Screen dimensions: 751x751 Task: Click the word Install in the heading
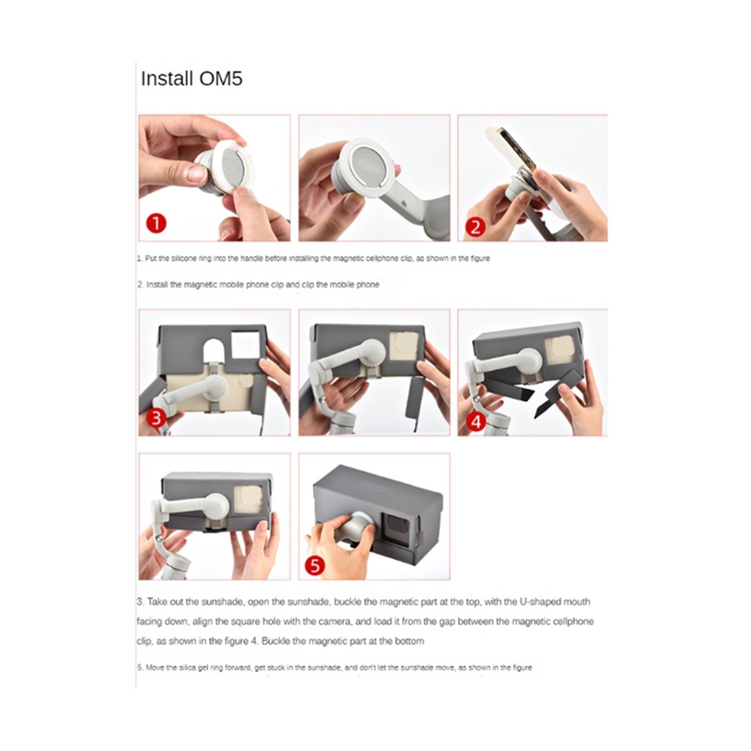click(x=167, y=79)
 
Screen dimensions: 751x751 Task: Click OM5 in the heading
click(x=220, y=79)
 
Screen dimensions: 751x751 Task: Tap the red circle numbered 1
click(x=156, y=223)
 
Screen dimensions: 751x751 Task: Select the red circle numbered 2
click(x=475, y=227)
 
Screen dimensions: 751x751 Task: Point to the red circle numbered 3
click(x=156, y=418)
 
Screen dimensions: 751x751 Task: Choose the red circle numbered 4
click(x=476, y=422)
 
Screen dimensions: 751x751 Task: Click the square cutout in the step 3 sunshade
click(x=245, y=344)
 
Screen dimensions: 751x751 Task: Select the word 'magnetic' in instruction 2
click(x=200, y=285)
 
